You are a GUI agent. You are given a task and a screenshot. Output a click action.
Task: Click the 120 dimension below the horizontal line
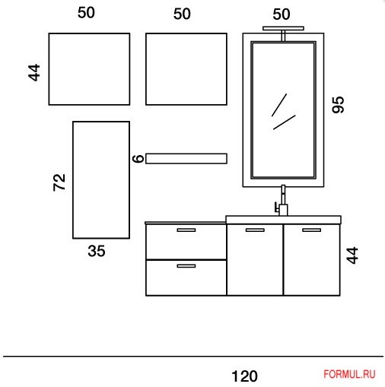point(245,376)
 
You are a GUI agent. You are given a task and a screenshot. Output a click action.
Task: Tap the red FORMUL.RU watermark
point(349,374)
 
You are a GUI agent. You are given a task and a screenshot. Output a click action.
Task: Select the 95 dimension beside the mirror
point(338,105)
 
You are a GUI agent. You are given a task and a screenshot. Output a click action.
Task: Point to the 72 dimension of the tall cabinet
point(59,182)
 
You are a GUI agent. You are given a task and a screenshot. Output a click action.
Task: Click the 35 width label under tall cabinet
point(97,251)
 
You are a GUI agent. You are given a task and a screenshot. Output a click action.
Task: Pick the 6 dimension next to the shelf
point(138,158)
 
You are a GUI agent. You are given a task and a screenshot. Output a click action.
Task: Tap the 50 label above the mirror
point(282,14)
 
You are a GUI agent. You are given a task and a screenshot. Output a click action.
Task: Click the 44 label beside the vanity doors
point(352,255)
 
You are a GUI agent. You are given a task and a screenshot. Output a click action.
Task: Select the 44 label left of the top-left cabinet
point(34,72)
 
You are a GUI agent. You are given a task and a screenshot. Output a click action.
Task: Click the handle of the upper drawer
point(186,230)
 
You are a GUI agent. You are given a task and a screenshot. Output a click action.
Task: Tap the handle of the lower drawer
point(186,266)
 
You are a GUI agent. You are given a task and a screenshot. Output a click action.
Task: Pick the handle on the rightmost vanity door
point(312,230)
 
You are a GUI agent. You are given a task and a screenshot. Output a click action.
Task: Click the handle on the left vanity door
point(255,230)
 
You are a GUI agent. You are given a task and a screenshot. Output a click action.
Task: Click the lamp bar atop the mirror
point(283,28)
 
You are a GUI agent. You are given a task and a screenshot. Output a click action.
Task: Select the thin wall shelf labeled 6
point(186,159)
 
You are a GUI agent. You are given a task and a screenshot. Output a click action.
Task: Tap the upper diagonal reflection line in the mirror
point(279,105)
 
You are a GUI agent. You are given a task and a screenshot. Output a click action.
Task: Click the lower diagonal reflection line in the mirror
point(285,122)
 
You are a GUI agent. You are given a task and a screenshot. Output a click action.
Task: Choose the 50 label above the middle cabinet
point(182,14)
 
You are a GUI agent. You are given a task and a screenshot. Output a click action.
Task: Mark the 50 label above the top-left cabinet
point(86,13)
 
